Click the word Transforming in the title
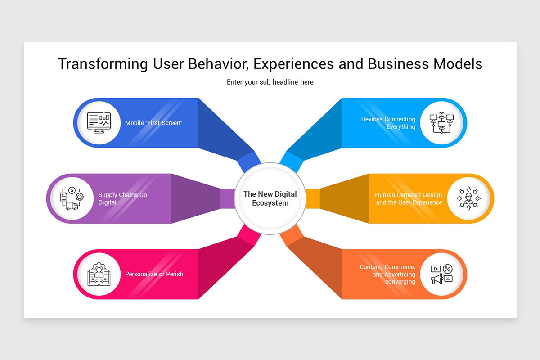[x=103, y=64]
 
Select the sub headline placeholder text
[x=270, y=82]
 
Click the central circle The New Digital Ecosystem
[x=270, y=198]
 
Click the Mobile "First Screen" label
[x=154, y=123]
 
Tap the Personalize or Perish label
[x=154, y=274]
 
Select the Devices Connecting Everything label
[x=388, y=123]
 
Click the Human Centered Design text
[x=409, y=195]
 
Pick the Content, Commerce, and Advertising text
[x=387, y=274]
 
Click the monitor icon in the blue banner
[x=99, y=123]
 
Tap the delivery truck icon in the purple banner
[x=72, y=206]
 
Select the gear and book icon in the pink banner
[x=99, y=274]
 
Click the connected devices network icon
[x=441, y=123]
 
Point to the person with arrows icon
[x=468, y=198]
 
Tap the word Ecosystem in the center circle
[x=270, y=203]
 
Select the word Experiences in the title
[x=294, y=64]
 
